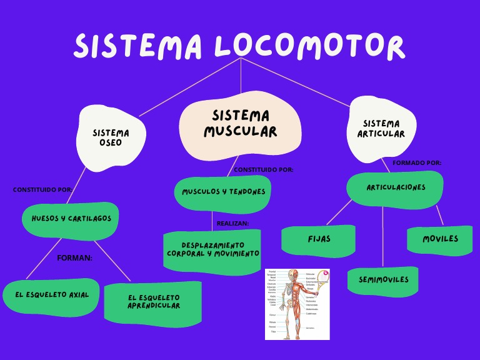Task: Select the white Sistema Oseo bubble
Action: pyautogui.click(x=111, y=138)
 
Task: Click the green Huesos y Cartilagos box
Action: pyautogui.click(x=71, y=219)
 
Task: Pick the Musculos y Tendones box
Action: pyautogui.click(x=223, y=192)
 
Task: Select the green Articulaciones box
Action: pyautogui.click(x=396, y=187)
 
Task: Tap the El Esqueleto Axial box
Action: pyautogui.click(x=52, y=295)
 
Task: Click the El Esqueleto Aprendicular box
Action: pyautogui.click(x=154, y=302)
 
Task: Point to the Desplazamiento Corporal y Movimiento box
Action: pyautogui.click(x=212, y=250)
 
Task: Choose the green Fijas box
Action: pyautogui.click(x=319, y=239)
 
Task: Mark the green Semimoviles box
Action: pyautogui.click(x=383, y=279)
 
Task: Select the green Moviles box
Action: pyautogui.click(x=440, y=239)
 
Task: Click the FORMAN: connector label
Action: pyautogui.click(x=74, y=257)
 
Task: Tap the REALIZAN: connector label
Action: pyautogui.click(x=232, y=223)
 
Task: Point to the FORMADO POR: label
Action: pyautogui.click(x=416, y=163)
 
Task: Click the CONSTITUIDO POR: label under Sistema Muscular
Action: pyautogui.click(x=263, y=170)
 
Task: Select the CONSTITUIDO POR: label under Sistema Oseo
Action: pyautogui.click(x=42, y=190)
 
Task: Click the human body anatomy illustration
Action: pyautogui.click(x=297, y=304)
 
